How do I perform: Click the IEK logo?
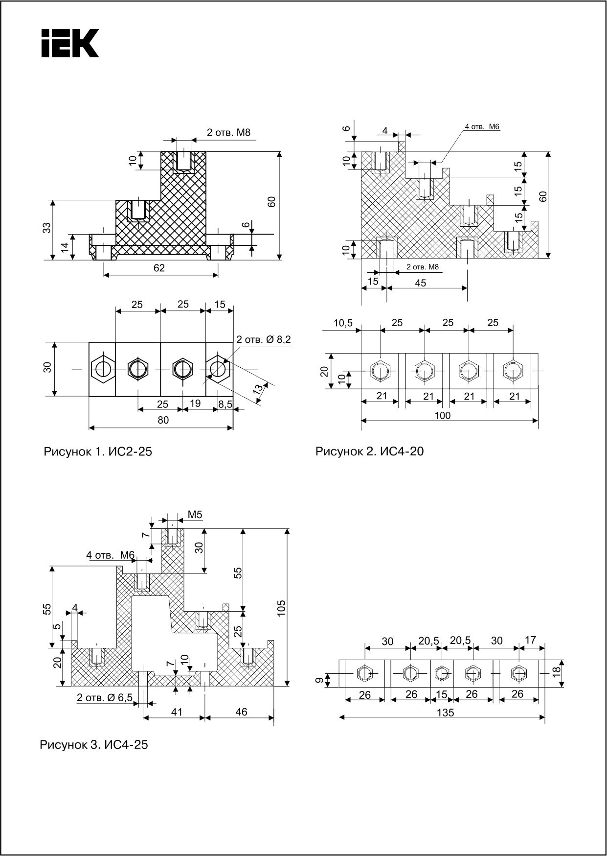70,43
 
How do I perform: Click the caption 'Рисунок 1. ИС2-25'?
98,451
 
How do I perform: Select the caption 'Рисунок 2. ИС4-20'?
369,451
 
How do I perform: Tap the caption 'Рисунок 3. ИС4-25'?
93,745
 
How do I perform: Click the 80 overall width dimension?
163,420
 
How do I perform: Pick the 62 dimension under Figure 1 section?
159,268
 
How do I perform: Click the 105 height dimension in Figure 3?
281,608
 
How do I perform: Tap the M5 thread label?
195,515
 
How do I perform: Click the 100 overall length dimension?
442,415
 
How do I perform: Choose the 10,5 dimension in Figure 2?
344,323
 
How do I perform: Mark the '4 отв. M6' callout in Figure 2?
482,127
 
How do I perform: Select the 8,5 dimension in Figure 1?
225,404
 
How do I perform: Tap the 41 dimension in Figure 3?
177,712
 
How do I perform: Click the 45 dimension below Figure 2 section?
420,283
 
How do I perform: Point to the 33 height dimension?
47,228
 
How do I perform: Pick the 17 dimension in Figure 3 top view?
530,640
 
